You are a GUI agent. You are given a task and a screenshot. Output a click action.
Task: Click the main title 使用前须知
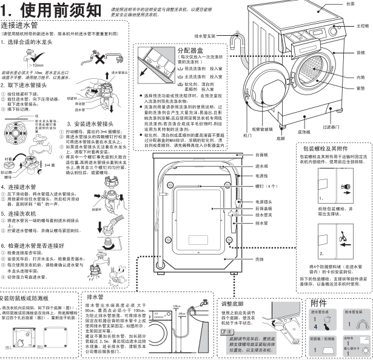(58, 11)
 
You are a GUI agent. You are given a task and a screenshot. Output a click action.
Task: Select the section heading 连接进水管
(21, 26)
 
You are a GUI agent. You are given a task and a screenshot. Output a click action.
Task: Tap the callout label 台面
(350, 4)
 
